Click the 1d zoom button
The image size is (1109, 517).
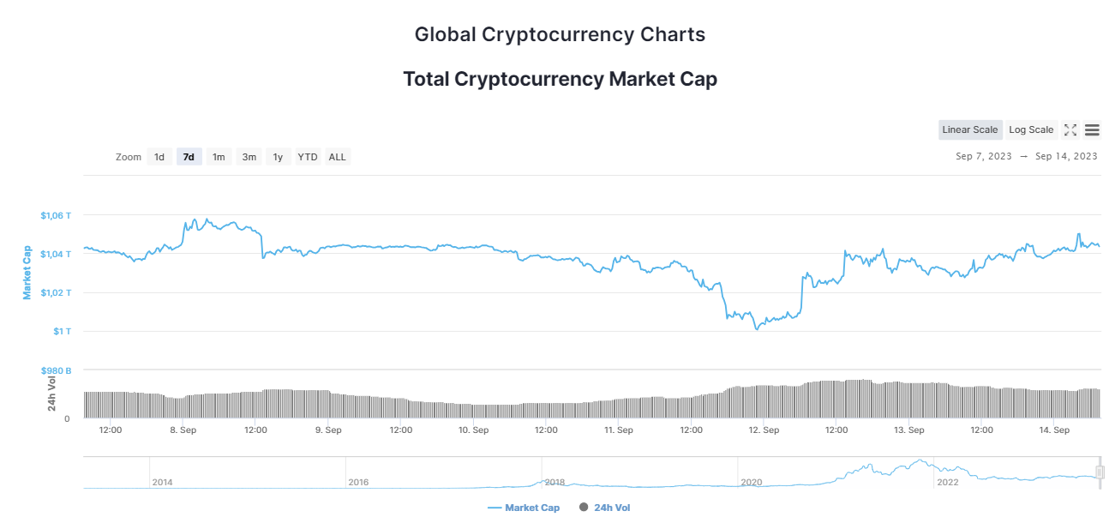(x=159, y=157)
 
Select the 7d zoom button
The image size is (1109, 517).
(x=189, y=157)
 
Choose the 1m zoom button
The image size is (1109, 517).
(x=219, y=157)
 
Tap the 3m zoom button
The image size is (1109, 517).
(x=249, y=157)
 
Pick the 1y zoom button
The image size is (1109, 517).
(x=278, y=157)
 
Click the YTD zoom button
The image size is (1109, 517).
(x=308, y=157)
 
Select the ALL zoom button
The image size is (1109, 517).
(x=338, y=157)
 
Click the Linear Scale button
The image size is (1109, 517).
(x=970, y=130)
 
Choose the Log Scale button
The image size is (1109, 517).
(x=1031, y=130)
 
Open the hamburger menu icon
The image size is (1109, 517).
(x=1092, y=130)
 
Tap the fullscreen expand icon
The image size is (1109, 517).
(x=1070, y=130)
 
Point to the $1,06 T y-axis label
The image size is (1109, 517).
(x=57, y=215)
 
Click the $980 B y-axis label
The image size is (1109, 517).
(x=57, y=370)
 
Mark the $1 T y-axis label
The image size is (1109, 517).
(x=62, y=332)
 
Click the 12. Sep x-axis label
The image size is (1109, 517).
(x=764, y=430)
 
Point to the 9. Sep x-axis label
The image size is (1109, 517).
(x=328, y=430)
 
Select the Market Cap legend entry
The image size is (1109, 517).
(x=524, y=508)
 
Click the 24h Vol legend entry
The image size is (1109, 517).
(x=605, y=508)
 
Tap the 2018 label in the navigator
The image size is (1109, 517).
(x=554, y=483)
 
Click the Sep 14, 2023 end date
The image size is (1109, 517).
(x=1066, y=156)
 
